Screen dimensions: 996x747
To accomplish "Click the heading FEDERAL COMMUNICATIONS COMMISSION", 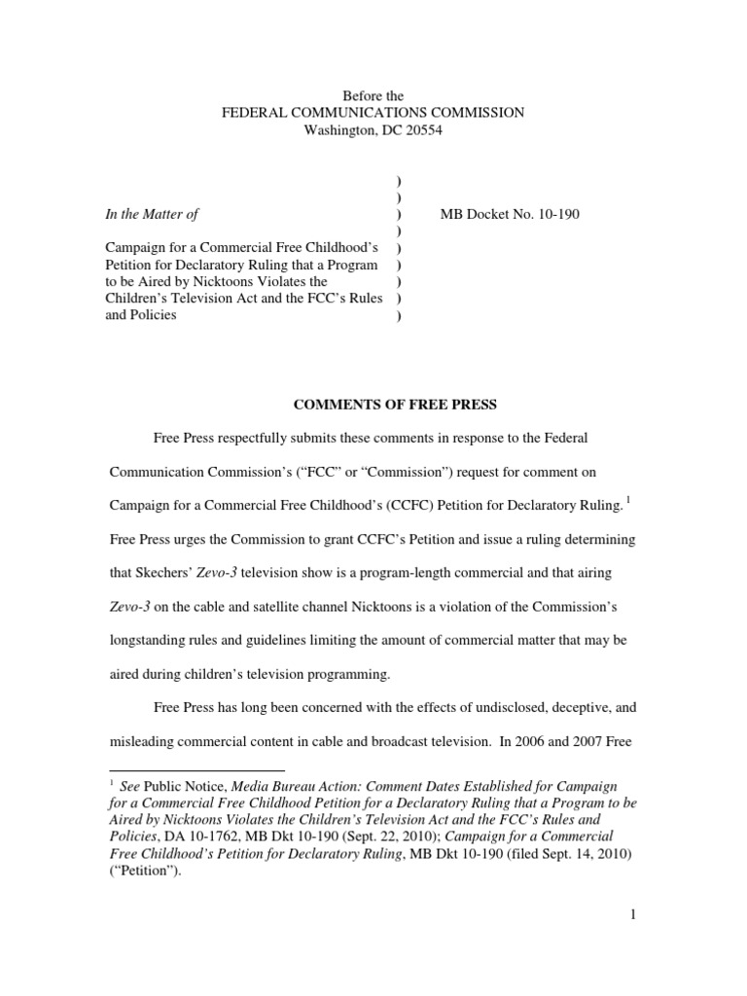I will [373, 113].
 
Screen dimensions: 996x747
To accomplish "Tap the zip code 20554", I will [421, 131].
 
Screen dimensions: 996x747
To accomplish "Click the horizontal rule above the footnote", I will [194, 767].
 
